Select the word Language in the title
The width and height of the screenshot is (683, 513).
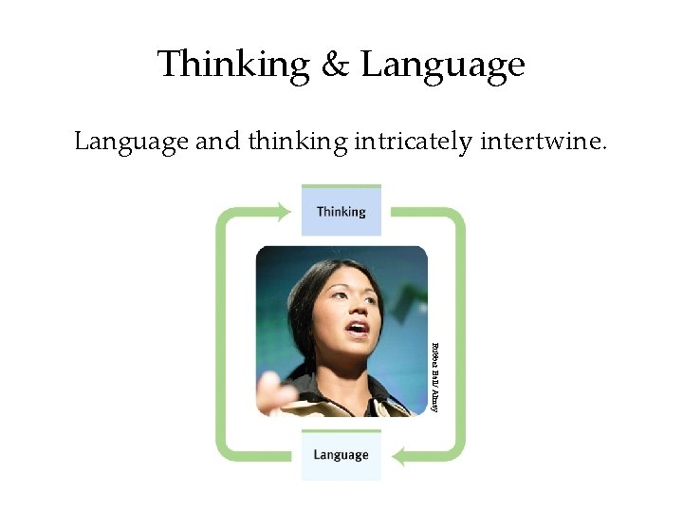pyautogui.click(x=443, y=65)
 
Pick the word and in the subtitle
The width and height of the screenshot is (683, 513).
pyautogui.click(x=218, y=143)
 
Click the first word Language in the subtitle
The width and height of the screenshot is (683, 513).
pyautogui.click(x=131, y=144)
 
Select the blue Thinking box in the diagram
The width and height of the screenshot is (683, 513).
pyautogui.click(x=341, y=211)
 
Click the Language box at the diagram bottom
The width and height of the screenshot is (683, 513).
pyautogui.click(x=341, y=455)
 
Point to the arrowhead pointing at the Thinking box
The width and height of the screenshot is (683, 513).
pyautogui.click(x=284, y=211)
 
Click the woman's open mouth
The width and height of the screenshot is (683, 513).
pyautogui.click(x=358, y=329)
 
